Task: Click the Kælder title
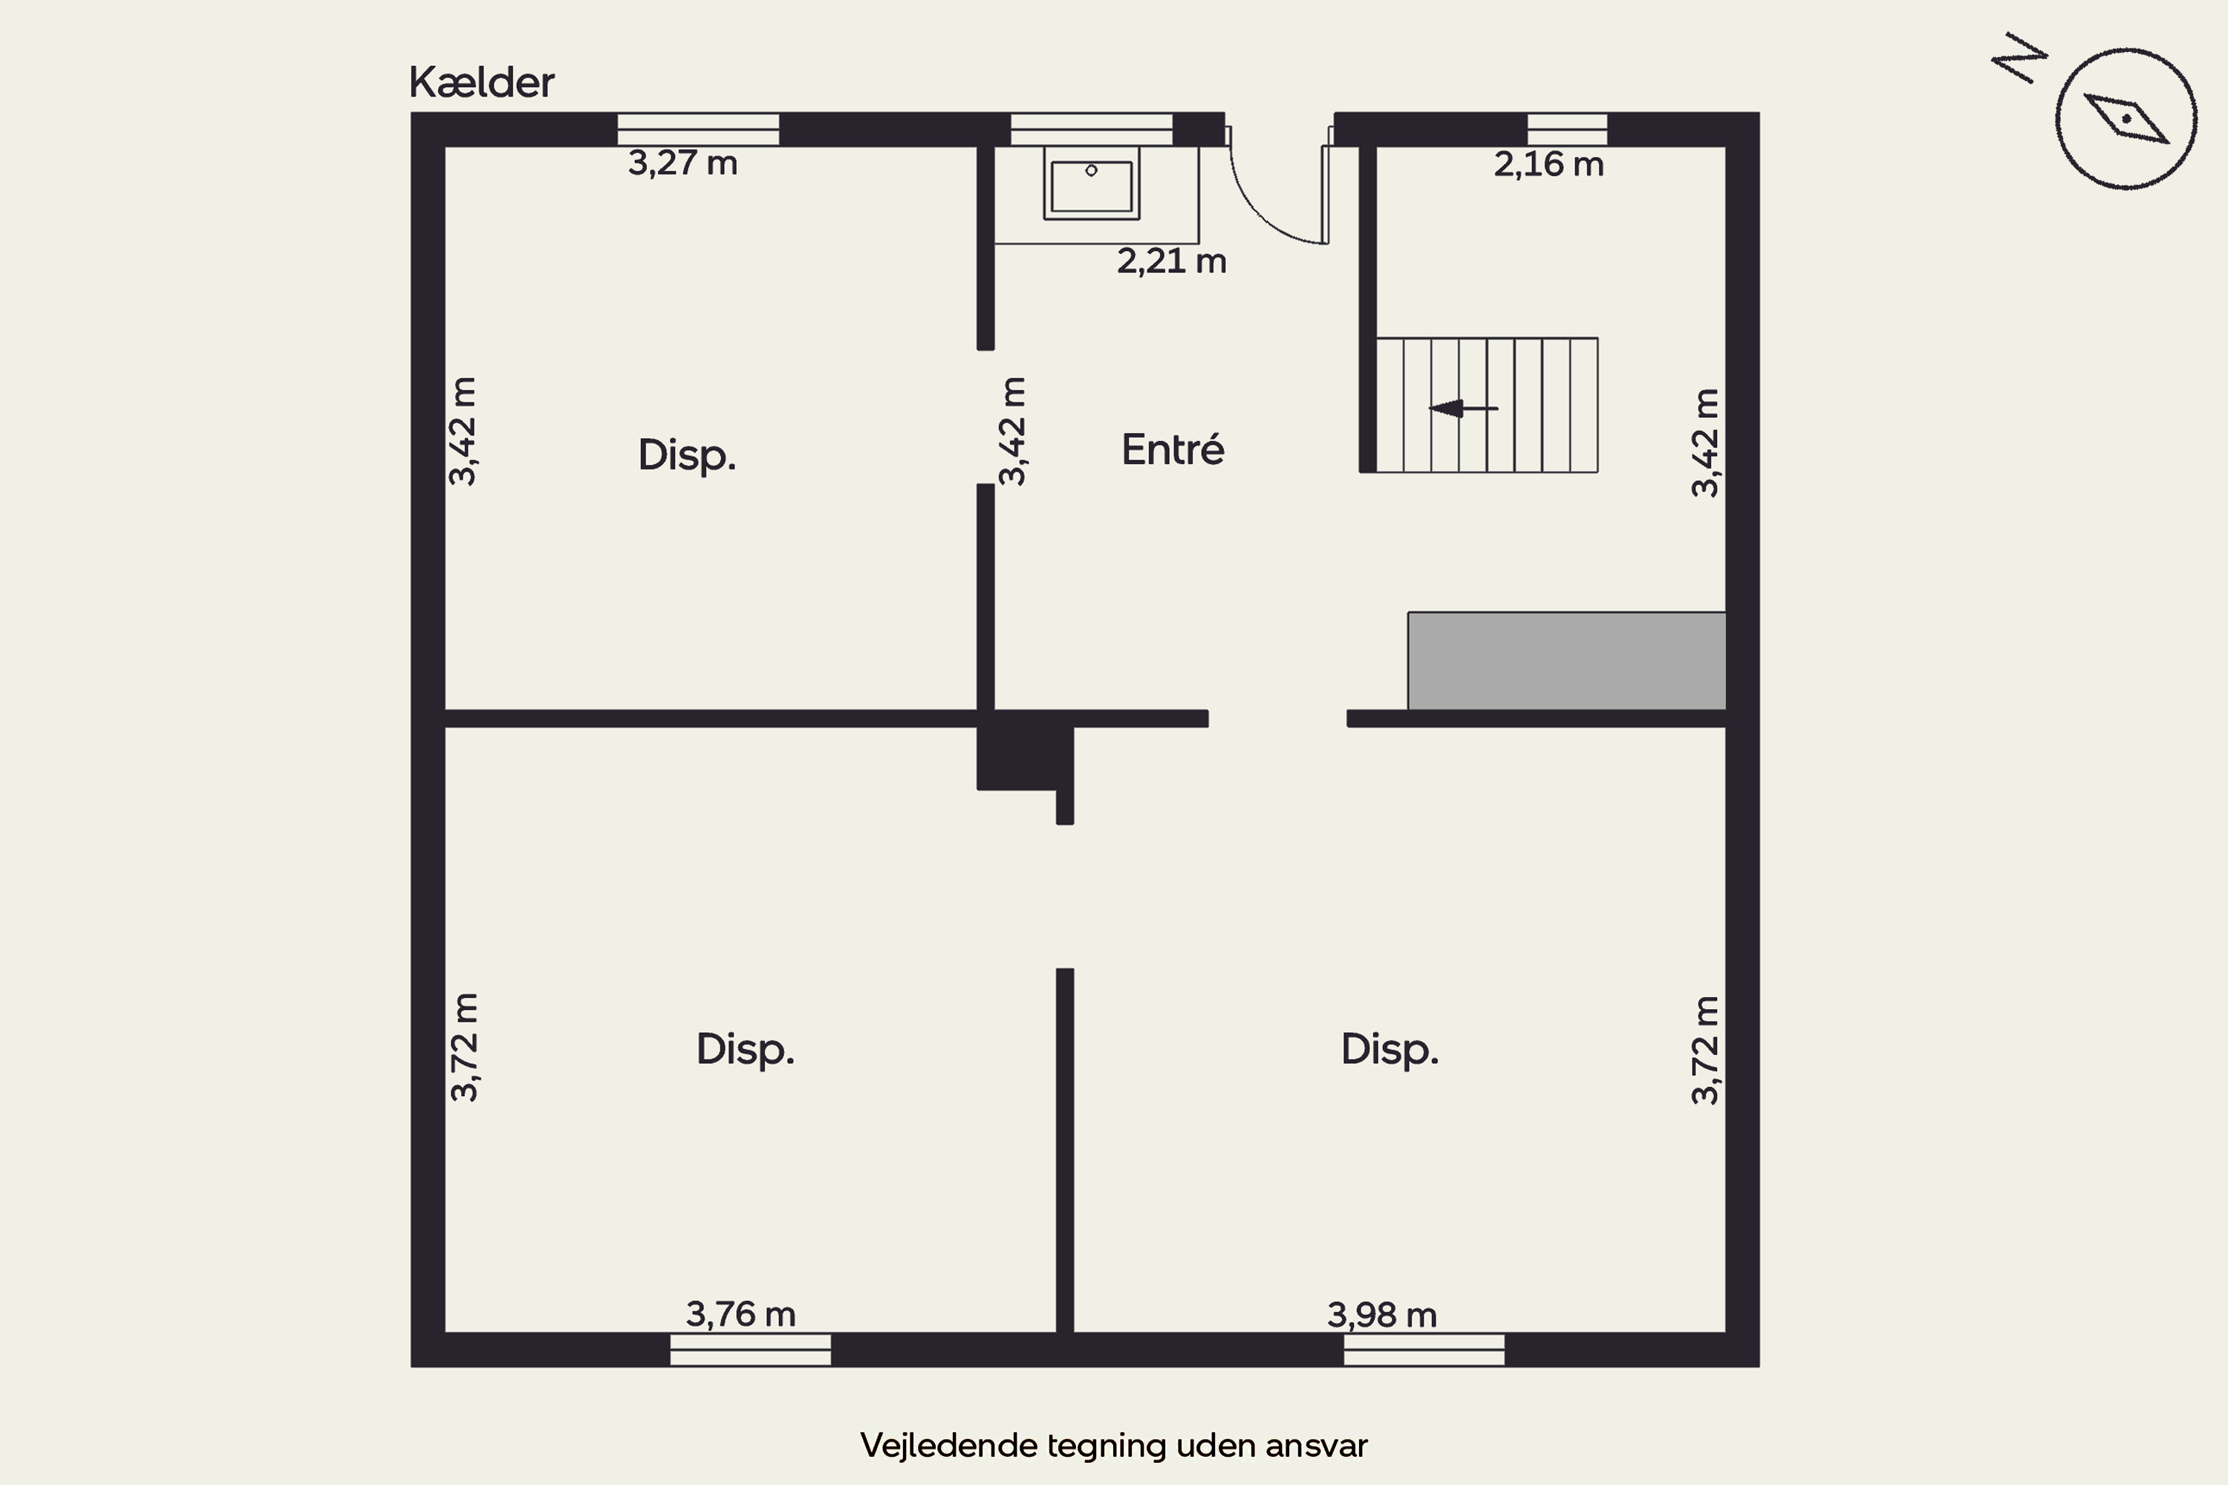481,82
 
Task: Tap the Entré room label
1173,449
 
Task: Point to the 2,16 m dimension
1548,165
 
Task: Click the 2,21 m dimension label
1172,261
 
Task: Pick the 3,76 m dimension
740,1314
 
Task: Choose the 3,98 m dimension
1382,1316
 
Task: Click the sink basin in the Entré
1091,183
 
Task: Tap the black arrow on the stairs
1464,409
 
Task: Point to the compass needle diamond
2127,118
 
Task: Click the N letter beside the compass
2019,59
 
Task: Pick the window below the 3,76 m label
750,1350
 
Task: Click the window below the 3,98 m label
1424,1350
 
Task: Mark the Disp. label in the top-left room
687,456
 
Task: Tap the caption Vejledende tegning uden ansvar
1114,1445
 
